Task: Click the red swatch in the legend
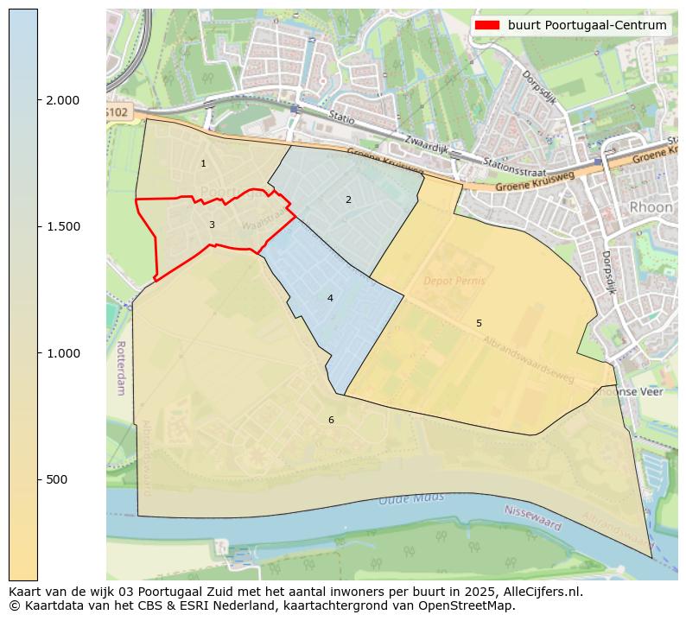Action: pos(487,25)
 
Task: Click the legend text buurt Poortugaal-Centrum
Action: pos(587,25)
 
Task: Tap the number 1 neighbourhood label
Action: pos(203,163)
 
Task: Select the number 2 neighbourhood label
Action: pos(348,200)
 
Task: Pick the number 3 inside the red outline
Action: pos(212,225)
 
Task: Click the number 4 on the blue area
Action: pos(330,298)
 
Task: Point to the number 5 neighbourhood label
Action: pos(479,323)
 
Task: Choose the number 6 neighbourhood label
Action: pos(330,420)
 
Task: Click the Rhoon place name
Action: pos(651,207)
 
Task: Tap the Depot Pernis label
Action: pos(454,282)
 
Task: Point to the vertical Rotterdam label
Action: pos(120,367)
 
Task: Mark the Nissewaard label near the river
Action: pos(532,518)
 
